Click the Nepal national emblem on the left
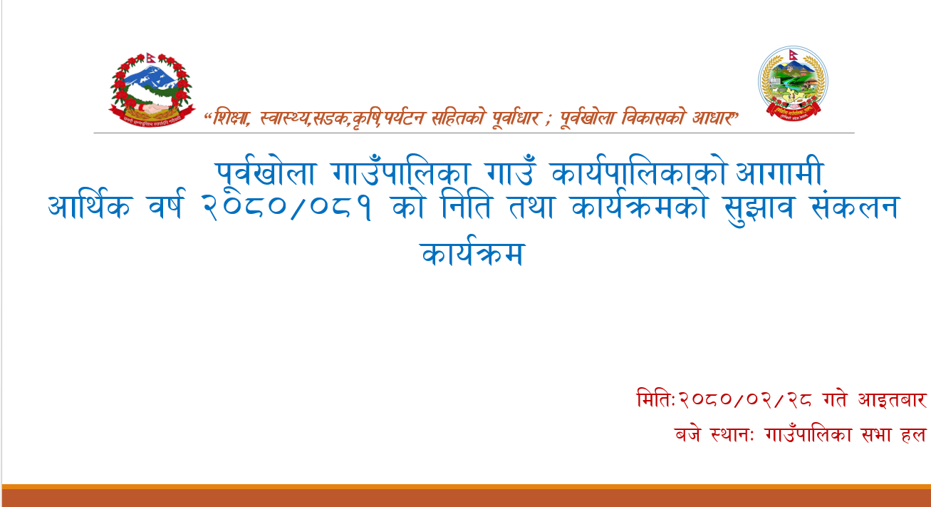pyautogui.click(x=152, y=90)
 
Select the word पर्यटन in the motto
pyautogui.click(x=404, y=118)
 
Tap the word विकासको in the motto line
pyautogui.click(x=652, y=118)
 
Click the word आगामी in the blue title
pyautogui.click(x=779, y=172)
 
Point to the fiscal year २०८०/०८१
pyautogui.click(x=286, y=207)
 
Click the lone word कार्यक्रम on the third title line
pyautogui.click(x=472, y=252)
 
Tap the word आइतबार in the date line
pyautogui.click(x=892, y=399)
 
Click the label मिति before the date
pyautogui.click(x=654, y=399)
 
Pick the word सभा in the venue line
pyautogui.click(x=873, y=435)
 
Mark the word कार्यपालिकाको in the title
pyautogui.click(x=638, y=172)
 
